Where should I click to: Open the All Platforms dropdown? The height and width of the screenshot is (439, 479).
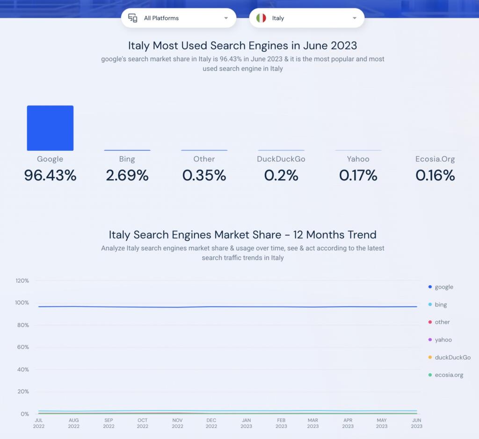(x=178, y=18)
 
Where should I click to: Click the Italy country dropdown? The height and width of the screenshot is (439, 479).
(x=306, y=18)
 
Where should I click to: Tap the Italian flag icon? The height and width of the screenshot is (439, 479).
(x=261, y=18)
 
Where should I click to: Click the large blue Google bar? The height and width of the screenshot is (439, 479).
(x=50, y=128)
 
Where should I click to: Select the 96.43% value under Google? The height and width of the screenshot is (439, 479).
(x=50, y=175)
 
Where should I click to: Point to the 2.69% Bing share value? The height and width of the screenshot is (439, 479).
(x=127, y=175)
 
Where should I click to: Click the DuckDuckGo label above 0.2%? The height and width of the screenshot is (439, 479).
(x=281, y=159)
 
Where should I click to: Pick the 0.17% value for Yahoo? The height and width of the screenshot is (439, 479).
(x=358, y=175)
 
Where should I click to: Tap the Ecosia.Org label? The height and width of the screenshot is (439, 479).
(x=435, y=159)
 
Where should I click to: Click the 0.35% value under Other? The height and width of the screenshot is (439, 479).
(x=204, y=175)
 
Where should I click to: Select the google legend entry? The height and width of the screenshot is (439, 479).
(x=443, y=287)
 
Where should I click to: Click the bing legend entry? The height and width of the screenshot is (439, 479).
(x=440, y=304)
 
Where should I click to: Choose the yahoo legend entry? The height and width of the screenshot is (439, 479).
(x=443, y=340)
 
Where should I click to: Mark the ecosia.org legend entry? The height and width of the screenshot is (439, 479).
(x=449, y=375)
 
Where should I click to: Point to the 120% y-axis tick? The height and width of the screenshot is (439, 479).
(x=22, y=281)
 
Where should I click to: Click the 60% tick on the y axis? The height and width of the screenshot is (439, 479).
(x=23, y=347)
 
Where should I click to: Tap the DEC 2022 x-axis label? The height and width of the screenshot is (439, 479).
(x=211, y=423)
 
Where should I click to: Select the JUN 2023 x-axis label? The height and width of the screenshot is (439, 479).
(x=416, y=423)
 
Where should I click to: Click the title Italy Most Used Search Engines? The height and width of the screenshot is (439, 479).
(x=242, y=45)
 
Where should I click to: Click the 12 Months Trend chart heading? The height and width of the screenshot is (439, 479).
(x=242, y=234)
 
